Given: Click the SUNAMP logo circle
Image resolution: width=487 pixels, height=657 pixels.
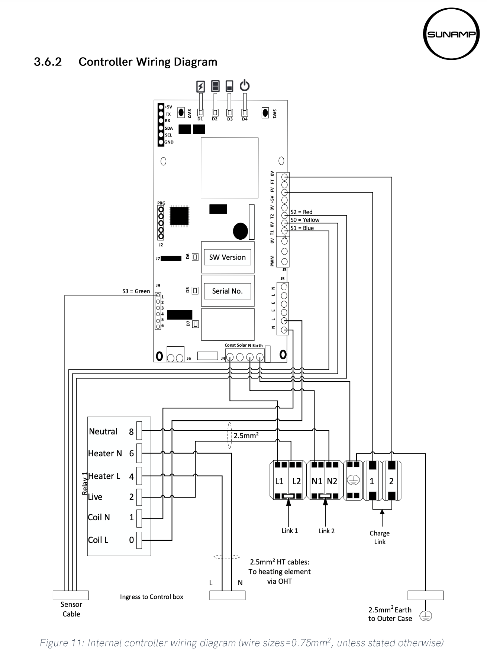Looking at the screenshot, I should pos(450,34).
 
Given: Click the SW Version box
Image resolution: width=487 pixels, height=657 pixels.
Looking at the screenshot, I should pos(227,257).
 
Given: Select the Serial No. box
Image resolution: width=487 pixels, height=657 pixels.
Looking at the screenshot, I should pos(227,291).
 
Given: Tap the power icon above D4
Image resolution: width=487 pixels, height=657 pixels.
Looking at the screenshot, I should pos(244,86).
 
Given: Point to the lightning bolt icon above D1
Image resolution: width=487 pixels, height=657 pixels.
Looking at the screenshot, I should pos(200,87).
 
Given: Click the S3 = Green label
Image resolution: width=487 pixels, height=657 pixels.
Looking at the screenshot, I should pos(136,291).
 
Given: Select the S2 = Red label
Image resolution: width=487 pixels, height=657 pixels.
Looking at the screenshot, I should pos(301,212).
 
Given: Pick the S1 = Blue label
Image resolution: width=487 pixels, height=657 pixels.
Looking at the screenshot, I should pos(302,228).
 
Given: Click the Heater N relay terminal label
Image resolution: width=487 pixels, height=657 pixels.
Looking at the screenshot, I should pos(105,453).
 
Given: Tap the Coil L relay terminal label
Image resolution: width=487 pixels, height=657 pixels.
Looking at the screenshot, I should pos(98,540).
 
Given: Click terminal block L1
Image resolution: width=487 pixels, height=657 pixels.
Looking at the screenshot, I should pos(279,481).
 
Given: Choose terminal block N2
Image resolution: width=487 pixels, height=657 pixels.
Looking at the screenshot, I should pos(332,481).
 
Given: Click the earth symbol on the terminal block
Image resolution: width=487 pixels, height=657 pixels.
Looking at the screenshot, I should pos(353,480).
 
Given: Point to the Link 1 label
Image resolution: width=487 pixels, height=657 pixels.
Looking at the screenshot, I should pos(290,531).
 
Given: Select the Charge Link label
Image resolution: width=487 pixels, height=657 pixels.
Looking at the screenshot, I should pos(380,537).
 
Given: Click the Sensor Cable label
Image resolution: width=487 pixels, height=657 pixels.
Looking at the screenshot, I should pos(71,609).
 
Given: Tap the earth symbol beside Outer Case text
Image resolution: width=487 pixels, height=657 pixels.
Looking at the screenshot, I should pos(426,616).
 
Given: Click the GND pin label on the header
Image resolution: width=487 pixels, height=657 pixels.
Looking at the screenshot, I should pos(169,142).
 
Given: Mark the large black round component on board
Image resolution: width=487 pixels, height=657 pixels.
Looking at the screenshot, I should pos(240,231).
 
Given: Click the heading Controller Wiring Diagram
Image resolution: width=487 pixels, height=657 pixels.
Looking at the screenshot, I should pos(148,62).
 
